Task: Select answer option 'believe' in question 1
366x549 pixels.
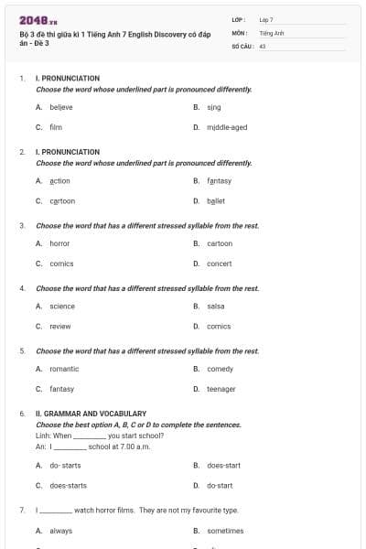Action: pos(61,106)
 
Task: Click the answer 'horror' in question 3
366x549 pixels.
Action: pos(59,243)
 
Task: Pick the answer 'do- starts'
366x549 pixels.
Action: pos(65,465)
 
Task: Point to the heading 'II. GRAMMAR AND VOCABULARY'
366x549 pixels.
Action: pos(91,414)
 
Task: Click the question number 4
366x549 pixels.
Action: pos(22,288)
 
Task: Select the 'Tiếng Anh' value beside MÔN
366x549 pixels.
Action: pos(272,32)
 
